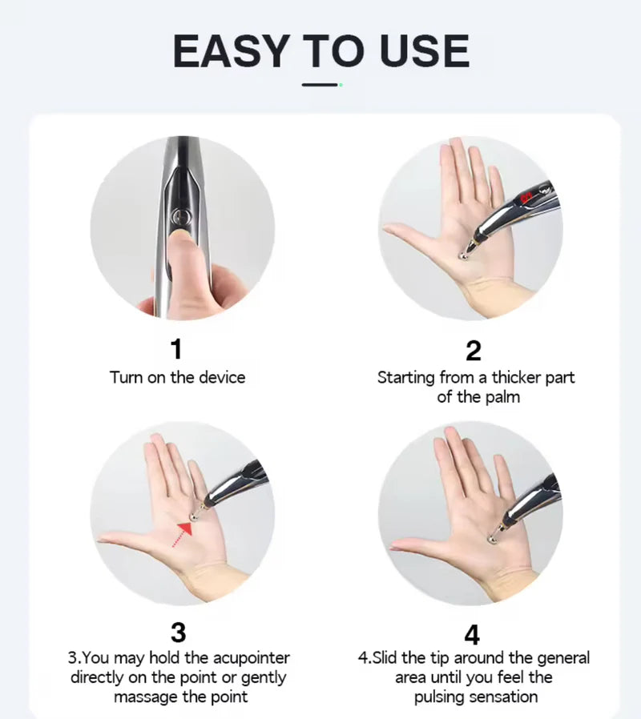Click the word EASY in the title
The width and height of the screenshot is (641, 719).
[x=231, y=50]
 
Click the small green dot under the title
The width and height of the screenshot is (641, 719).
[x=341, y=84]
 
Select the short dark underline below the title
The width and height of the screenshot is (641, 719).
[x=320, y=84]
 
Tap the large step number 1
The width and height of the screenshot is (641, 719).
[x=176, y=349]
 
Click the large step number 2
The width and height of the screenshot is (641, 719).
[x=473, y=351]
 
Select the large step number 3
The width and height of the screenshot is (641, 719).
[x=178, y=633]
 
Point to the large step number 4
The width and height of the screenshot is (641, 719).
[x=472, y=634]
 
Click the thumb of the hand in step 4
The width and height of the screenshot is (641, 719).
[x=413, y=546]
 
